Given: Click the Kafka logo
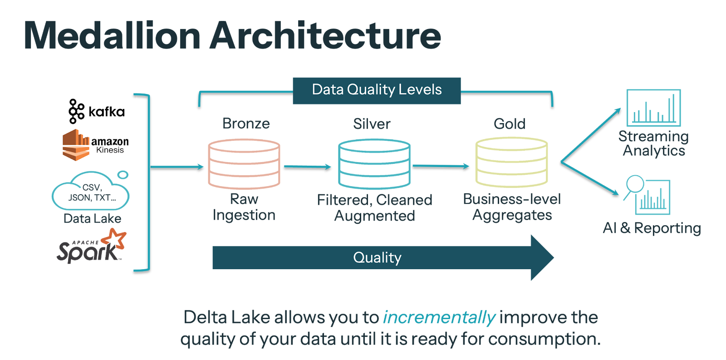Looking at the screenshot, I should (x=97, y=111).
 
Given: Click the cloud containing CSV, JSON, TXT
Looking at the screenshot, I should (x=91, y=192).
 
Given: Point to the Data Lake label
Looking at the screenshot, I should (x=93, y=219).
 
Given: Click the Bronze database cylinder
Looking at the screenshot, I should (x=244, y=164).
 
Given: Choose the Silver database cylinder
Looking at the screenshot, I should (x=374, y=164).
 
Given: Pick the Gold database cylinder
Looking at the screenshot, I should (x=511, y=162).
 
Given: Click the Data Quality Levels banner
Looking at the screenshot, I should (x=377, y=90).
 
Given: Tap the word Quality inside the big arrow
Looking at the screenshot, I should (x=377, y=258).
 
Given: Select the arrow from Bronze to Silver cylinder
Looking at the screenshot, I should (x=308, y=167).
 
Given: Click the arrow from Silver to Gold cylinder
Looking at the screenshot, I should (x=441, y=166).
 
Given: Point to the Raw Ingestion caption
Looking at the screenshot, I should (x=244, y=207).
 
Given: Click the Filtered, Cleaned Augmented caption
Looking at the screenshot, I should (x=374, y=208).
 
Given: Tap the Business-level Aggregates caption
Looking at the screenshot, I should (x=512, y=207).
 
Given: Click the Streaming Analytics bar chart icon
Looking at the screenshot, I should (x=653, y=108).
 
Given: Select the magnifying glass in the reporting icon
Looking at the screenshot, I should (x=635, y=184).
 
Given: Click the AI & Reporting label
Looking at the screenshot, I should (x=652, y=228).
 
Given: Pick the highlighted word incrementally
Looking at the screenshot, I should (x=439, y=317).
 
